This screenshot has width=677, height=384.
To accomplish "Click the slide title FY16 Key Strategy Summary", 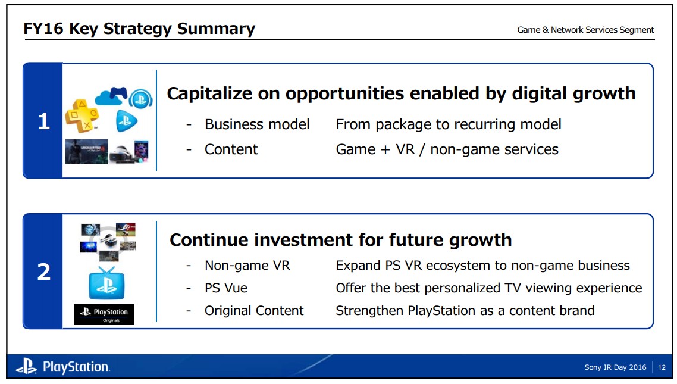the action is [x=139, y=29].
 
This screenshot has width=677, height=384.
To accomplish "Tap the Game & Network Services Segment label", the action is [x=585, y=30].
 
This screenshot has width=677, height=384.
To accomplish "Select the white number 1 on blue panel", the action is [x=43, y=121].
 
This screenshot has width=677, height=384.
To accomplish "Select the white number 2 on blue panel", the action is [x=43, y=271].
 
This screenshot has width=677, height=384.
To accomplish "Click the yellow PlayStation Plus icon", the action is [x=82, y=115].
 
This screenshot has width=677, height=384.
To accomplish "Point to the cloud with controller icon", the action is [x=111, y=96].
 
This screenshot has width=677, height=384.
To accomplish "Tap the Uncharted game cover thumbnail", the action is [x=86, y=151].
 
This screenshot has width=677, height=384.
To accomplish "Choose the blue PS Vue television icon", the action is [x=106, y=283].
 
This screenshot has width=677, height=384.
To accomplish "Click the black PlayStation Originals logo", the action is [x=104, y=314].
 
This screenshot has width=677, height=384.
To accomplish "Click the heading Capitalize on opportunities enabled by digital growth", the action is [x=401, y=93].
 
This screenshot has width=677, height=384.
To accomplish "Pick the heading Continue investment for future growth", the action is [x=341, y=240].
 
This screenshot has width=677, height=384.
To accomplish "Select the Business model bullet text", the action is [x=257, y=124].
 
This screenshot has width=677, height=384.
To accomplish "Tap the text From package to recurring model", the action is [x=449, y=125].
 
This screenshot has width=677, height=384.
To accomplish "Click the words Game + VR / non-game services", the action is [x=447, y=149].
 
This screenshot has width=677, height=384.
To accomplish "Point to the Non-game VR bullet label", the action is [x=247, y=265].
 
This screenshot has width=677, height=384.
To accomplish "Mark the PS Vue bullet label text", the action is [x=226, y=288].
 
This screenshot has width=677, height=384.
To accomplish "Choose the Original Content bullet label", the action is [x=254, y=311].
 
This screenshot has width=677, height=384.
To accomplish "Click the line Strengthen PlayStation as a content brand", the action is [x=465, y=311].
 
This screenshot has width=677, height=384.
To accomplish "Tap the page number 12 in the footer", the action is [x=662, y=367].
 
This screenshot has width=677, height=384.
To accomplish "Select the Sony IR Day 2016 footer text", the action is [x=615, y=367].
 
